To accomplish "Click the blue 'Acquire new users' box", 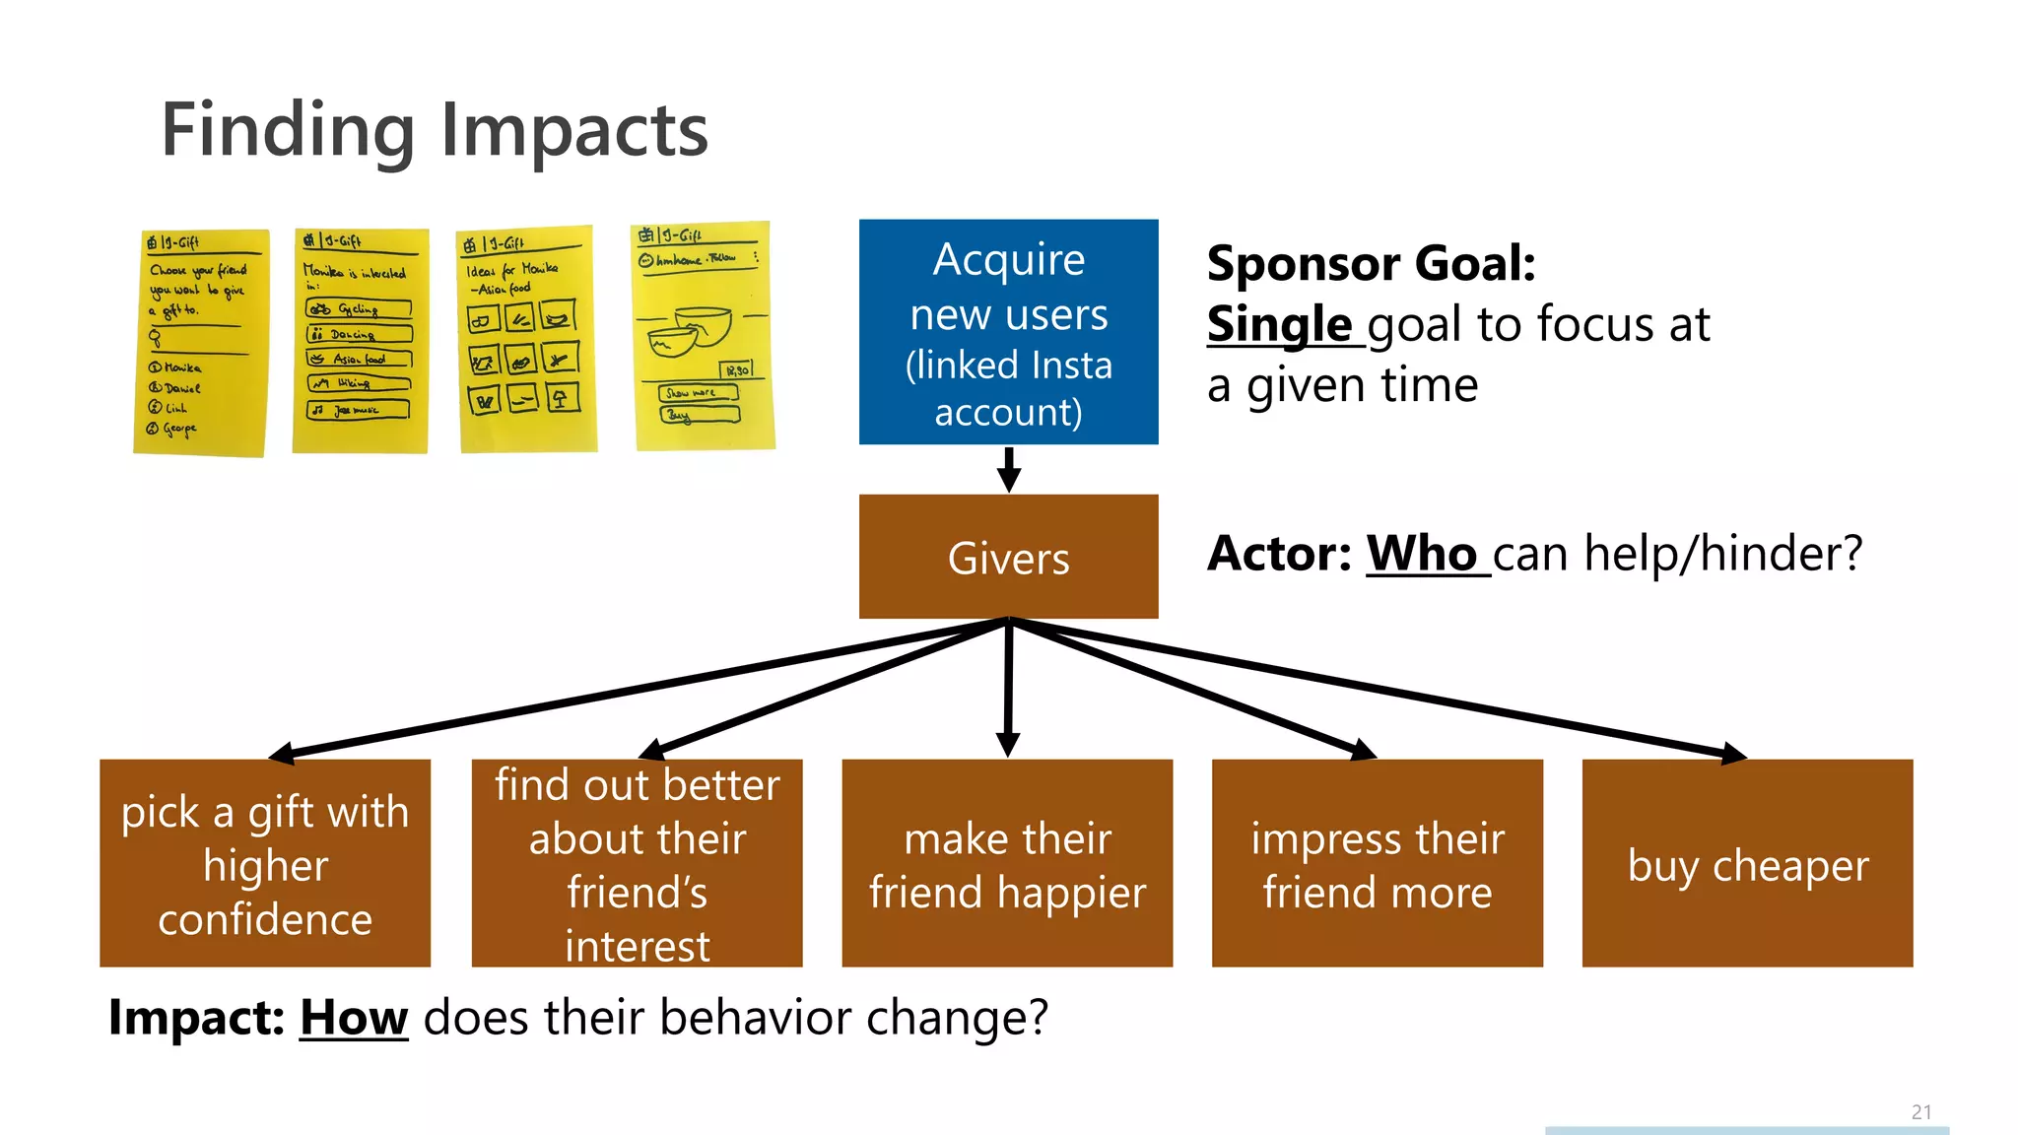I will (1008, 332).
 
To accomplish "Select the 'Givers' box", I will (1008, 557).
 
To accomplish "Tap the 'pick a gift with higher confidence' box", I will (265, 863).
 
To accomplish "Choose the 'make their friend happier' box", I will (1007, 863).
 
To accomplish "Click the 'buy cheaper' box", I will (1747, 863).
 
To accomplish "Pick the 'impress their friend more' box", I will (1377, 863).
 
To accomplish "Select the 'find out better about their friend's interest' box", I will (637, 863).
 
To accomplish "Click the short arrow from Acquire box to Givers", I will (1008, 468).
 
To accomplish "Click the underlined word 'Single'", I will (1279, 324).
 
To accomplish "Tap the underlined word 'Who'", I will (1421, 553).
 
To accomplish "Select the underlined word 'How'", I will (354, 1017).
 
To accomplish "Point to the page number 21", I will (1920, 1112).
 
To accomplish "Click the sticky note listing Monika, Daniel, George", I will (201, 342).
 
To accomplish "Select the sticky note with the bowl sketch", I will (704, 337).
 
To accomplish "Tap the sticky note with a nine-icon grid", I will (526, 340).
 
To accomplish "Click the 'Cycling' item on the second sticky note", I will (359, 309).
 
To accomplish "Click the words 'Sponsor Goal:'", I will (1371, 263).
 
